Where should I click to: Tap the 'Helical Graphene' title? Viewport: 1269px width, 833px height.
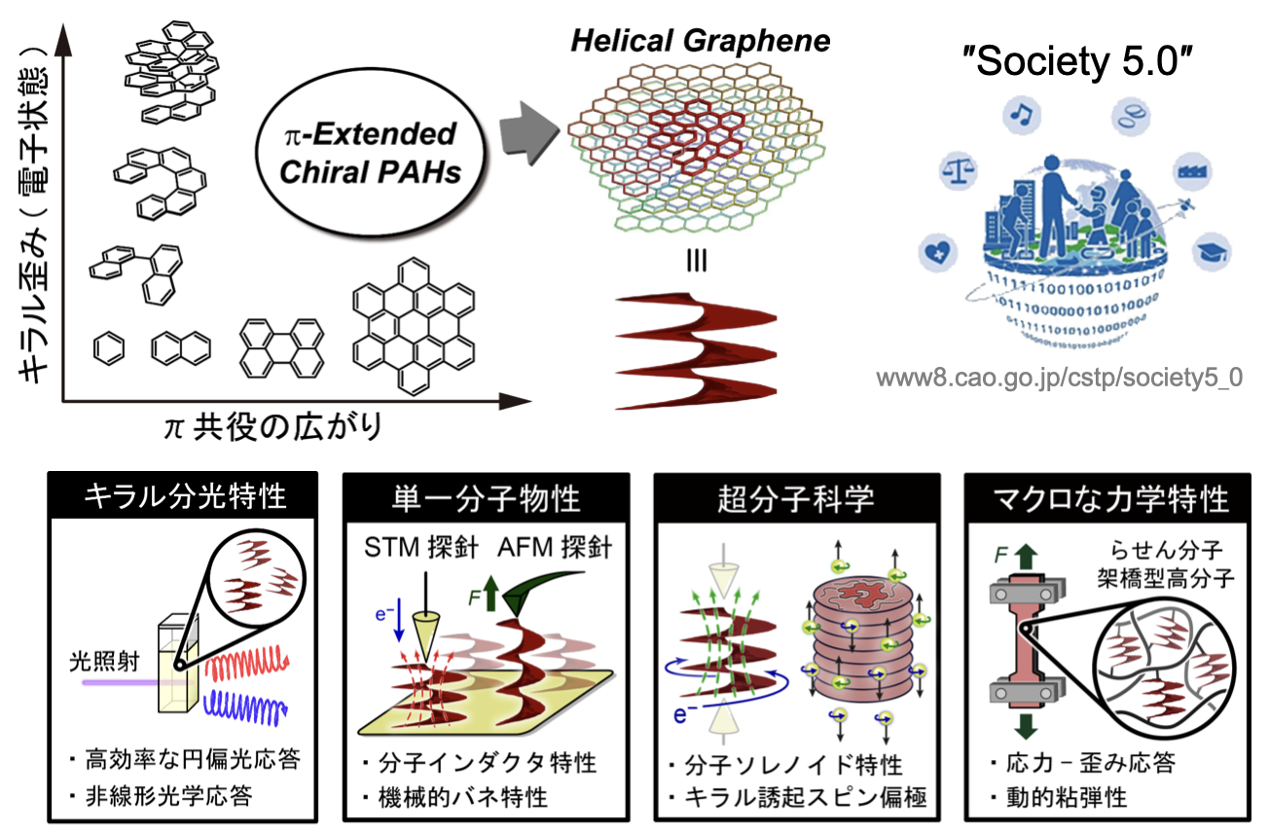pos(700,42)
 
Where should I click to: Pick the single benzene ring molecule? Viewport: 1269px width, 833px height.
pos(110,347)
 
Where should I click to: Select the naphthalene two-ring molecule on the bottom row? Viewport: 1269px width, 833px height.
pos(181,347)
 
